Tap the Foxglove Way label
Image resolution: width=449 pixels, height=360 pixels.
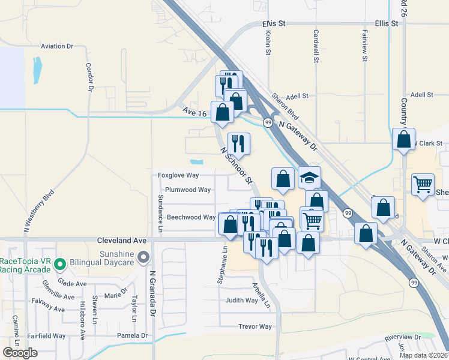tap(178, 175)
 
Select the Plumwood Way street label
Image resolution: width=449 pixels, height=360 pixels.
tap(188, 190)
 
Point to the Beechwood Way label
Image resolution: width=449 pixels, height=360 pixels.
tap(191, 217)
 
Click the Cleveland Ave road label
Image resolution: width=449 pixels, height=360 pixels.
tap(122, 239)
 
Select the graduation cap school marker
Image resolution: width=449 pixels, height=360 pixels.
tap(309, 178)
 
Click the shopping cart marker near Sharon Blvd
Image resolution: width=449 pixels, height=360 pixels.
tap(423, 184)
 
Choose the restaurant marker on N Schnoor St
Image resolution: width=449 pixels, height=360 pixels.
tap(238, 143)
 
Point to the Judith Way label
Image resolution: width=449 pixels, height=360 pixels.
tap(241, 300)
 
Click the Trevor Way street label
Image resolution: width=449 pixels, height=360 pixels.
tap(255, 327)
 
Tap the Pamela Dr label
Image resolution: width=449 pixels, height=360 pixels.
tap(132, 335)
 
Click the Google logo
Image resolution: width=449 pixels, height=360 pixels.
tap(20, 353)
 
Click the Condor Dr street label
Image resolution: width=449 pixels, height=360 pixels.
tap(90, 77)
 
